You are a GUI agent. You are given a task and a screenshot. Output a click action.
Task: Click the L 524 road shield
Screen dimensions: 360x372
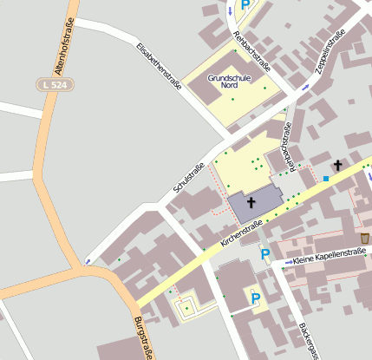[56, 84]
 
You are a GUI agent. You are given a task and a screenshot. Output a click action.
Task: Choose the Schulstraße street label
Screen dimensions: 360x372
[188, 178]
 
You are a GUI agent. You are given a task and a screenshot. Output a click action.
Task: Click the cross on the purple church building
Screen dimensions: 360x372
[251, 203]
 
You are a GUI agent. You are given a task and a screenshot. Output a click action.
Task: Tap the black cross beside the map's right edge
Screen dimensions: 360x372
[337, 165]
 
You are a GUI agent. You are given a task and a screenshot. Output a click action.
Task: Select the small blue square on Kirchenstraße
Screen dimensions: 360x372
[326, 179]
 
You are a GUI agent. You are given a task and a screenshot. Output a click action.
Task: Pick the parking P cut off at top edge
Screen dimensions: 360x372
[245, 4]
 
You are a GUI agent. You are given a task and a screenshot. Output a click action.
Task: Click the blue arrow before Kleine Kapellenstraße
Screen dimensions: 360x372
[288, 261]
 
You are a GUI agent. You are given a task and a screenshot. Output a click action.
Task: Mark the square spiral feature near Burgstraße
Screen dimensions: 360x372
[186, 305]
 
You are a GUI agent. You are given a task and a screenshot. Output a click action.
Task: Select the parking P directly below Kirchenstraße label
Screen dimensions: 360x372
[265, 255]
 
